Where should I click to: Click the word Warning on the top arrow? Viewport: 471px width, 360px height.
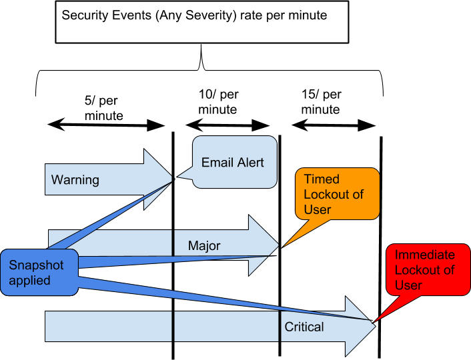pyautogui.click(x=75, y=180)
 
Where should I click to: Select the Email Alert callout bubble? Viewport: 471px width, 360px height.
pyautogui.click(x=234, y=161)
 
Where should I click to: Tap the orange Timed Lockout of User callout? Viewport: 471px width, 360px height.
pyautogui.click(x=337, y=193)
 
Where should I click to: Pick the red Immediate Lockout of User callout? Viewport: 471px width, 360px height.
pyautogui.click(x=428, y=269)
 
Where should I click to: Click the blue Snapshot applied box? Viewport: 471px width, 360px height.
pyautogui.click(x=39, y=272)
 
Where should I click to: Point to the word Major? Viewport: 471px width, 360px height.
pyautogui.click(x=204, y=246)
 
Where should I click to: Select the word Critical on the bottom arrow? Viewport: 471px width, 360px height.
pyautogui.click(x=304, y=327)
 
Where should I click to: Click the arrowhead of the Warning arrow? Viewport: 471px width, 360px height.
pyautogui.click(x=158, y=179)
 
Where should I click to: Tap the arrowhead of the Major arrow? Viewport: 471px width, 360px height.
pyautogui.click(x=263, y=245)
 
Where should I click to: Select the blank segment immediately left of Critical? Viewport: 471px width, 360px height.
pyautogui.click(x=226, y=326)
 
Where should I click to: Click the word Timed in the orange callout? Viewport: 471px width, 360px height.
pyautogui.click(x=322, y=179)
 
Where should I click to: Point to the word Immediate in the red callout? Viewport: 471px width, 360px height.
pyautogui.click(x=424, y=255)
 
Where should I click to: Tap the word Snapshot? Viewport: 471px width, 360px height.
pyautogui.click(x=36, y=265)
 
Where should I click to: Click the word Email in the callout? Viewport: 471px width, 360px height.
pyautogui.click(x=215, y=162)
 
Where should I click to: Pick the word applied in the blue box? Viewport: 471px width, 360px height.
pyautogui.click(x=29, y=280)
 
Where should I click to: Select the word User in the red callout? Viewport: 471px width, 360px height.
pyautogui.click(x=408, y=285)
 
